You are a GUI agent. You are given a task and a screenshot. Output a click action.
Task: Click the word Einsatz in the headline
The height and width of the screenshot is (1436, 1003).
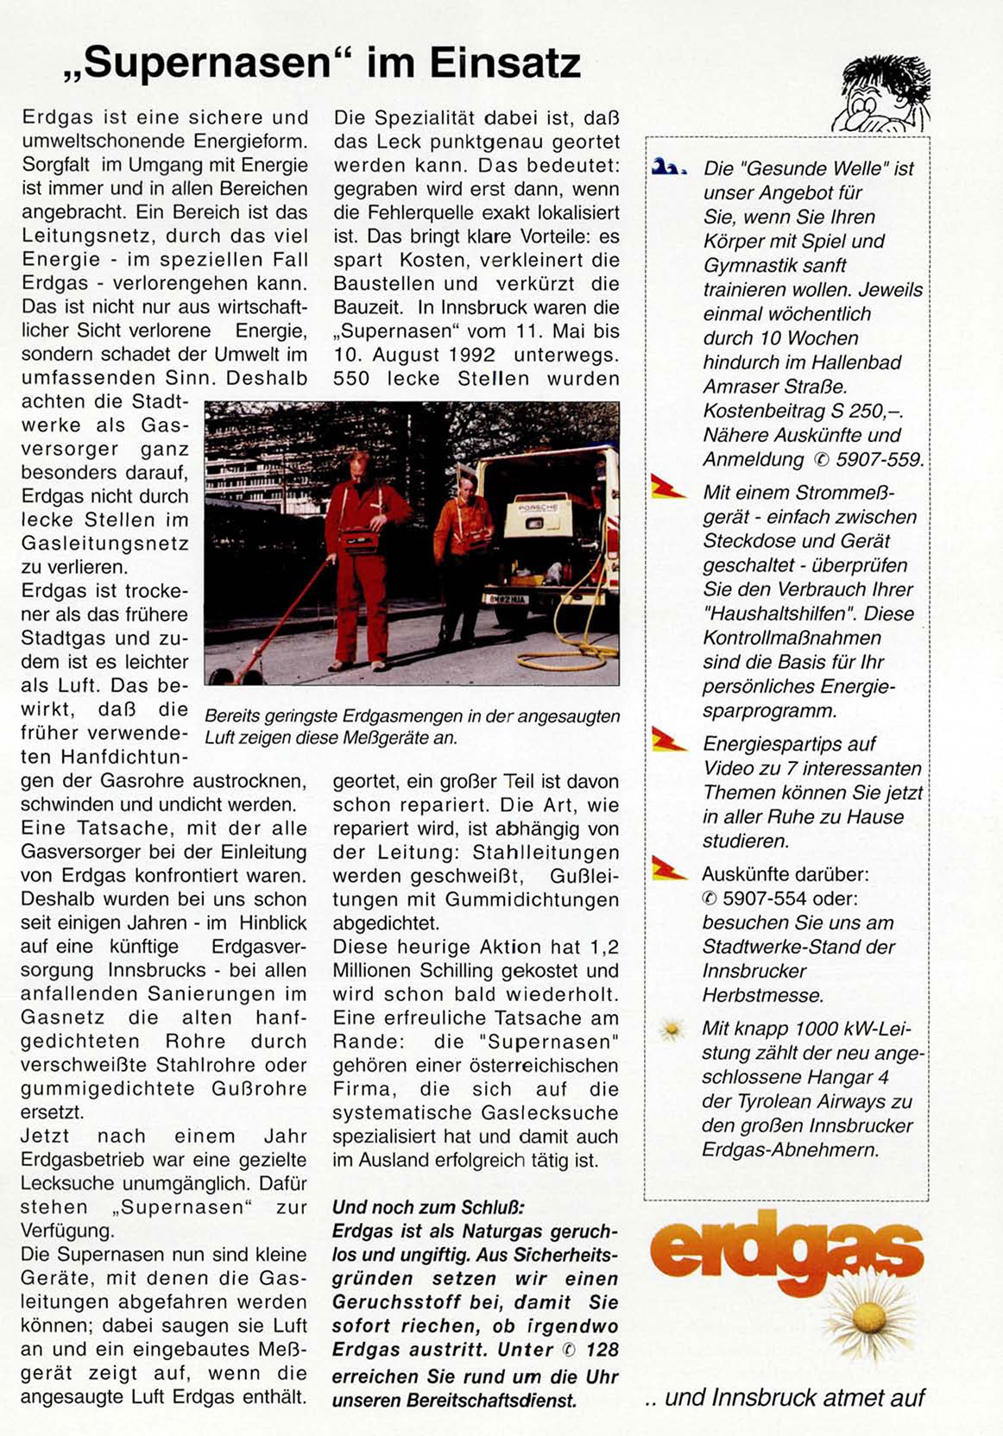(504, 64)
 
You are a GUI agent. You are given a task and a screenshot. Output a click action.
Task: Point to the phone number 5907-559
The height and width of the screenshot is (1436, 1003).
(878, 459)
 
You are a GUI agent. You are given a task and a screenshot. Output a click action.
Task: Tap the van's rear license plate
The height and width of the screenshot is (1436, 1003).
(505, 598)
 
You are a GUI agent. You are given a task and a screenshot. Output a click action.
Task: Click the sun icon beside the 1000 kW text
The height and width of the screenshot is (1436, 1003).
(670, 1029)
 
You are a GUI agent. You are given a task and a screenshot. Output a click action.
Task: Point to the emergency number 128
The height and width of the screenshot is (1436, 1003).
(602, 1350)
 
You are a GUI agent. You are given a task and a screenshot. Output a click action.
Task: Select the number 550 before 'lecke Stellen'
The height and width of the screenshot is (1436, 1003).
(351, 378)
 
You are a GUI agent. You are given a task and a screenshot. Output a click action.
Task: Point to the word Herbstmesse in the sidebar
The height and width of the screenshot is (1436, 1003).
(763, 995)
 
